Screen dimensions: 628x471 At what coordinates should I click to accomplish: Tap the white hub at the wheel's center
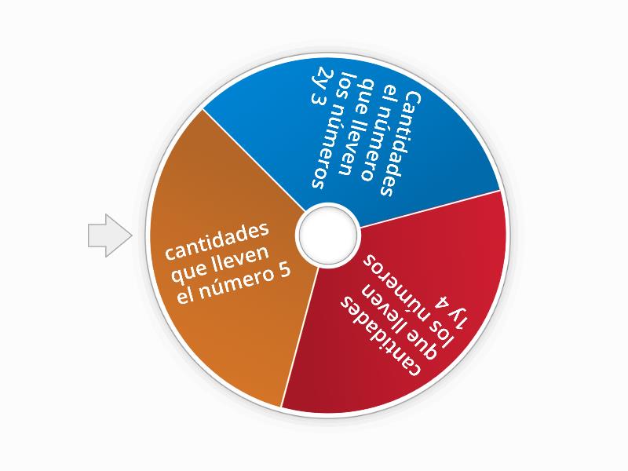(x=327, y=233)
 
